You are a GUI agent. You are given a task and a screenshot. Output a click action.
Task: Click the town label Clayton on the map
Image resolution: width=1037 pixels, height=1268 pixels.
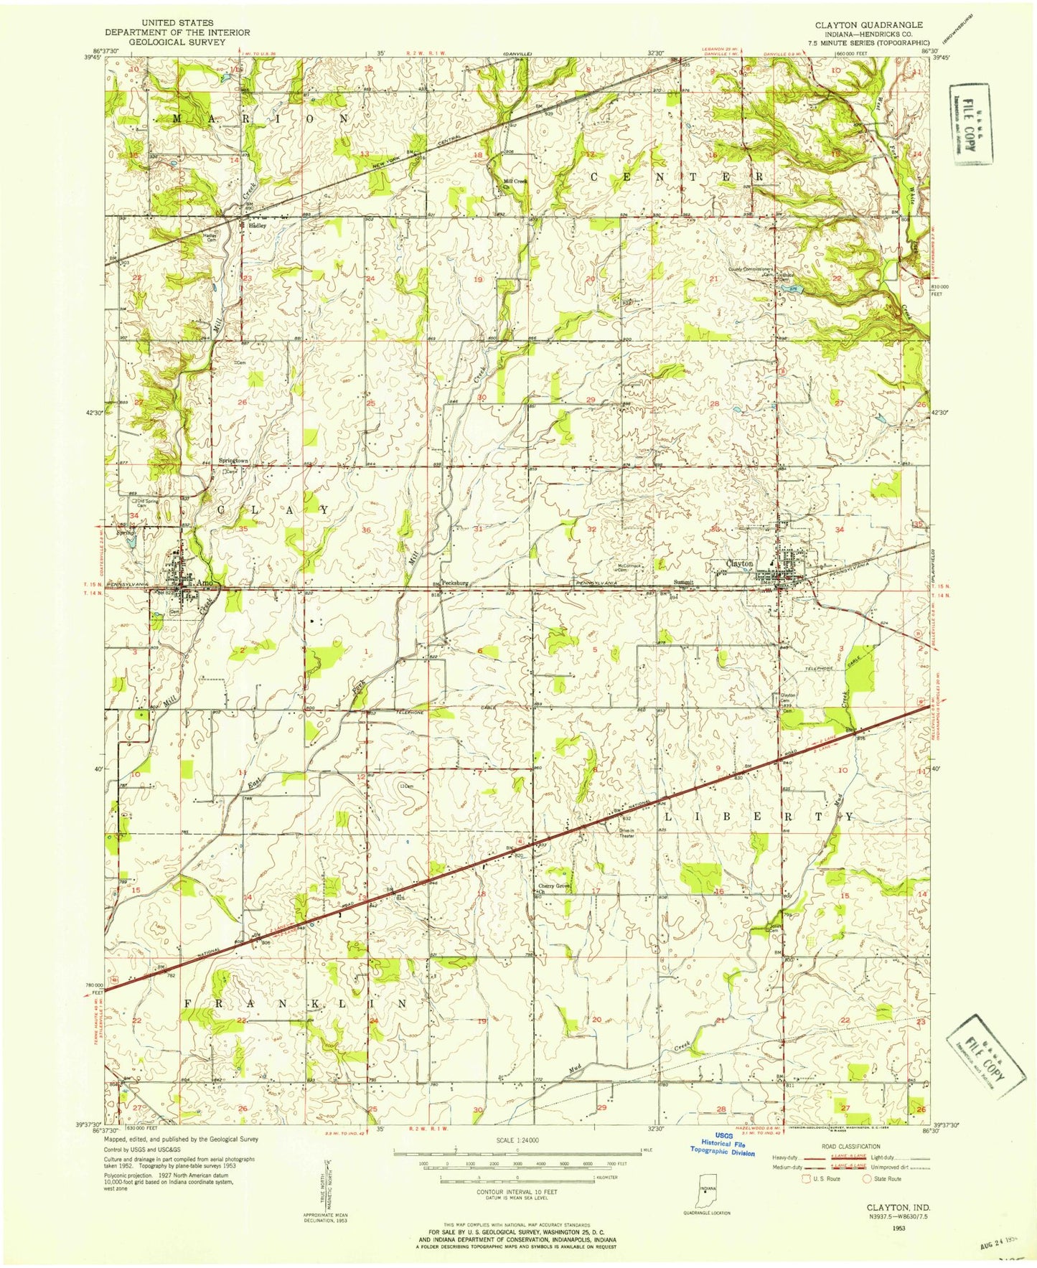[740, 563]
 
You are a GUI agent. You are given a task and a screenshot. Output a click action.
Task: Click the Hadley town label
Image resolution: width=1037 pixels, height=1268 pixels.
[257, 225]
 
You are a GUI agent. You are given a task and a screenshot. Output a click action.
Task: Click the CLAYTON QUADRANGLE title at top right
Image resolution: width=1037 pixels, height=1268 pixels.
[871, 24]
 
